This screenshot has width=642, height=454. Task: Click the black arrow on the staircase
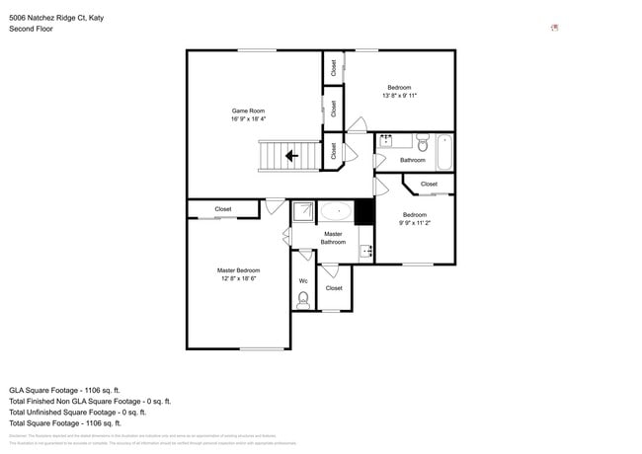(x=292, y=156)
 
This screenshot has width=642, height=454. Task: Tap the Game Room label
(x=248, y=111)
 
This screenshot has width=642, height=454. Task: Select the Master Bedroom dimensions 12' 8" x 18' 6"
(x=238, y=278)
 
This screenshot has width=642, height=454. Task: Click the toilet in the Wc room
(x=303, y=298)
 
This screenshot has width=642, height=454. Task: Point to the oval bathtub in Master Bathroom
(x=337, y=210)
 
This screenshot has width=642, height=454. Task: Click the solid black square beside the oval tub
(x=364, y=211)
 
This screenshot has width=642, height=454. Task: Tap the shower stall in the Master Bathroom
(x=304, y=210)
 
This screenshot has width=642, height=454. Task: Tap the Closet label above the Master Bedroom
(x=223, y=209)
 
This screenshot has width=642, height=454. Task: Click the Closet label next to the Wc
(x=334, y=288)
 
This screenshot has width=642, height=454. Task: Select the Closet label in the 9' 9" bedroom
(x=429, y=185)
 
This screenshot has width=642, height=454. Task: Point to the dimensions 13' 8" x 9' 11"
(x=400, y=96)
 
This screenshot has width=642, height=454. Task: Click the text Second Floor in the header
(x=31, y=29)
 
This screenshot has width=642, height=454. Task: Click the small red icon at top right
(x=554, y=28)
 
